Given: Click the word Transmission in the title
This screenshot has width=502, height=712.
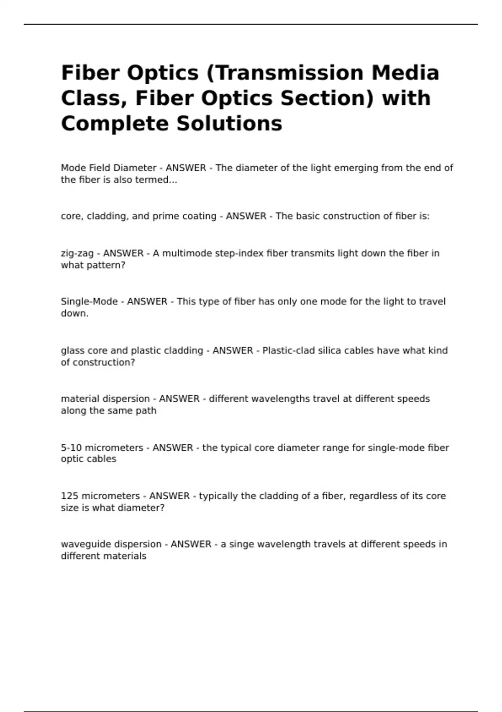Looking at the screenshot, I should (x=290, y=73).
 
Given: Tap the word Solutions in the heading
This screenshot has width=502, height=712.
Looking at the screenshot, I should (x=229, y=124).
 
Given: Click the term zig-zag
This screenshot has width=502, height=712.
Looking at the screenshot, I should (x=77, y=253).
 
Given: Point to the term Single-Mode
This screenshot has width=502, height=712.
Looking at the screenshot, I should (x=89, y=302).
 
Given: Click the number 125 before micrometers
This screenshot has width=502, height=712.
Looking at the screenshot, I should (x=69, y=496).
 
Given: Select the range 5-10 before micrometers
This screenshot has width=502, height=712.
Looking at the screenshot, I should (x=71, y=448).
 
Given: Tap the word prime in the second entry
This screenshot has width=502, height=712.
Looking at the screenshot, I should (x=166, y=216).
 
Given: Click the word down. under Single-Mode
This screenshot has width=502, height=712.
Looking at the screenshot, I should (x=74, y=313).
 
